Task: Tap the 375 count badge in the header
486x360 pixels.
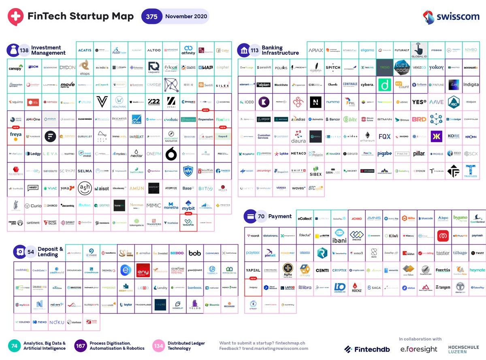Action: (x=152, y=17)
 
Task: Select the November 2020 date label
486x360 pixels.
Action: (x=186, y=17)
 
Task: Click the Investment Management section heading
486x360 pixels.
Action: (x=48, y=50)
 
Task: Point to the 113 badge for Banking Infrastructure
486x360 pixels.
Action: (x=254, y=50)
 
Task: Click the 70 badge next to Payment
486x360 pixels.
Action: (x=261, y=217)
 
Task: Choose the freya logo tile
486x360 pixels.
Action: (x=16, y=136)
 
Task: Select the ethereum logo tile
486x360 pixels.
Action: (x=367, y=136)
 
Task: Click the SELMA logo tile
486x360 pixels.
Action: (x=85, y=171)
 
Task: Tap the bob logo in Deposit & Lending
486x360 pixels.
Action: (x=195, y=253)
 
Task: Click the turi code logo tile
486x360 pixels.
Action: (x=402, y=67)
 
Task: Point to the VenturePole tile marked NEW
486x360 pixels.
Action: (x=188, y=222)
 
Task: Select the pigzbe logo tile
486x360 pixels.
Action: (x=384, y=154)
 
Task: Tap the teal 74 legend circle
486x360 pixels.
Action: (x=14, y=346)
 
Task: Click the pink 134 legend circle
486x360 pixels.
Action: (x=158, y=346)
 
